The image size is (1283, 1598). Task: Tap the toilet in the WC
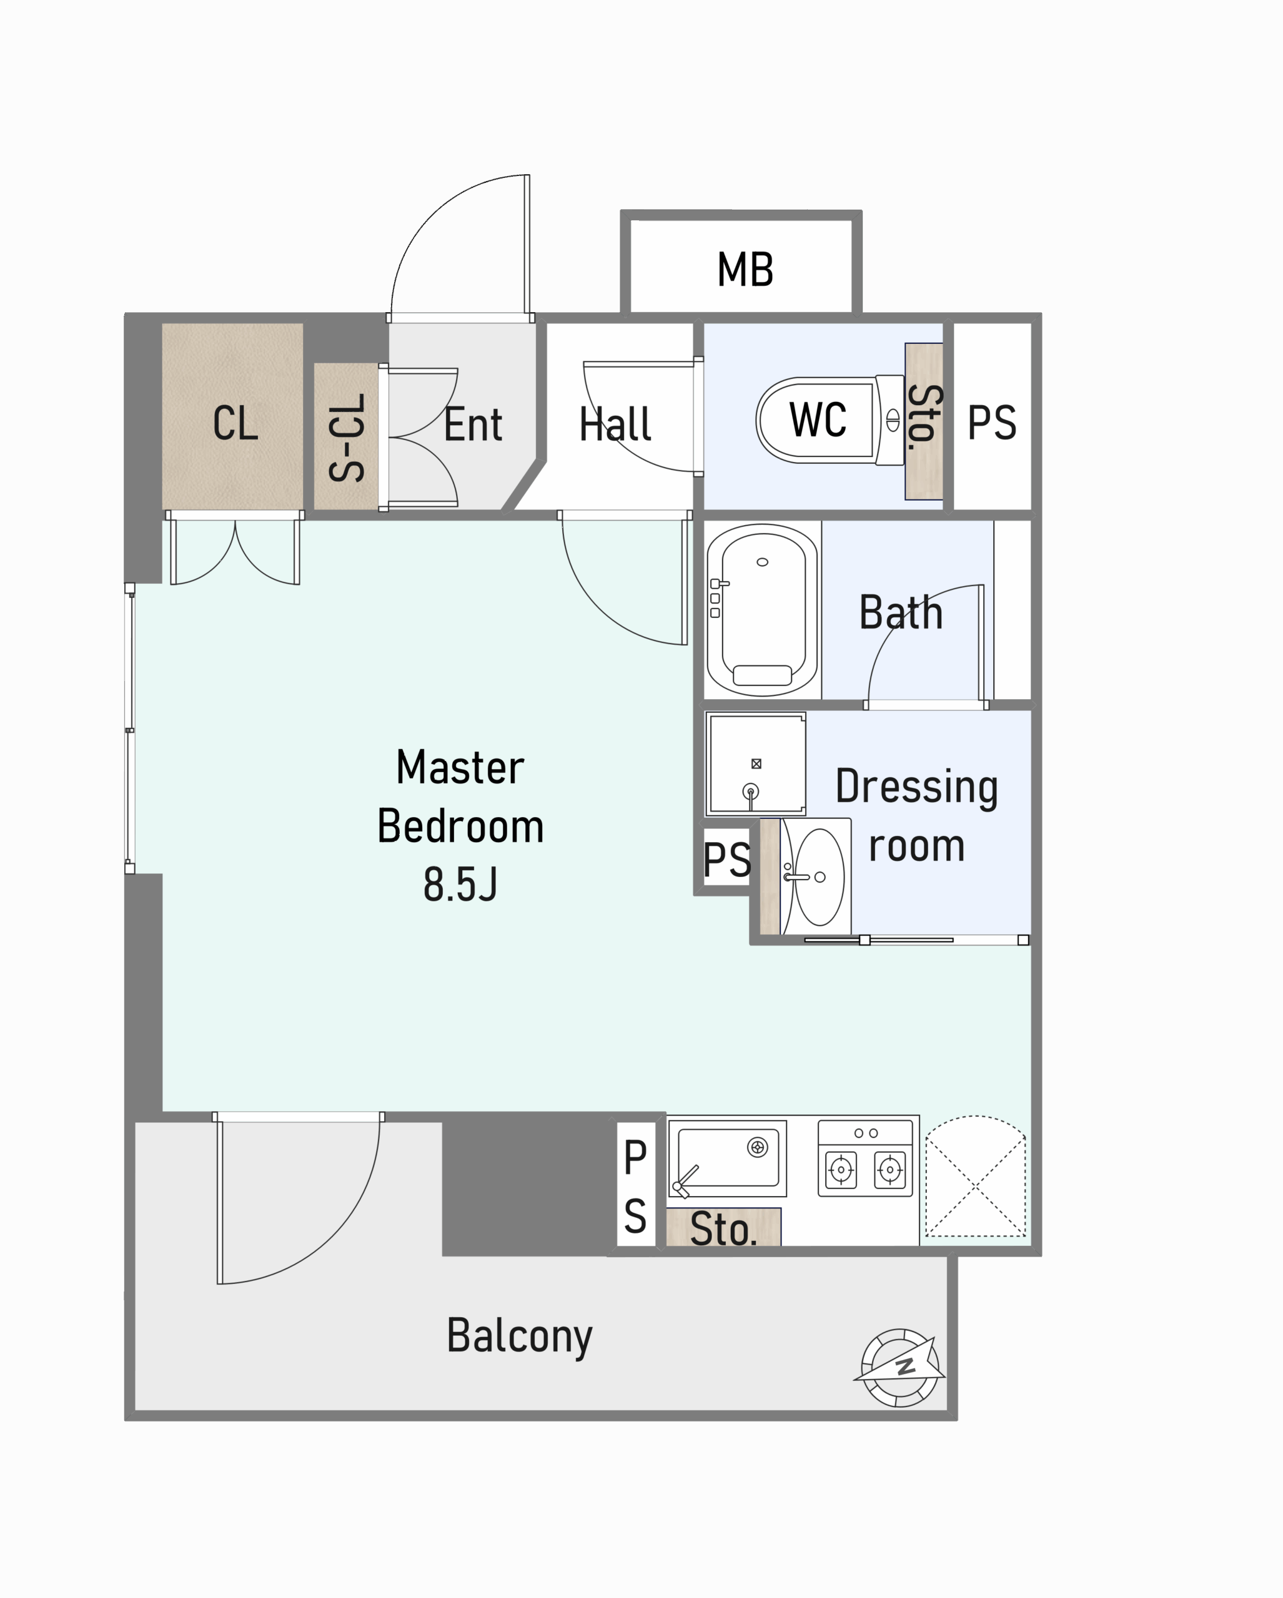831,420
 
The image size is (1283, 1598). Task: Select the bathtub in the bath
763,610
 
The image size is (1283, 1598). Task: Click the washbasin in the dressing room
816,877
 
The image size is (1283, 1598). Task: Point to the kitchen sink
728,1158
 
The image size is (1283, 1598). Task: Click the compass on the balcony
899,1368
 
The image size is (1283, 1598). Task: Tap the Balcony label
519,1336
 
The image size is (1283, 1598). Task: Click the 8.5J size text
460,885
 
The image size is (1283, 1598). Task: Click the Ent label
473,424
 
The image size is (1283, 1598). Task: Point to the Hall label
615,424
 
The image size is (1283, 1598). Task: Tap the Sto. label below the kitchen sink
723,1229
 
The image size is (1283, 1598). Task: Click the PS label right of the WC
991,423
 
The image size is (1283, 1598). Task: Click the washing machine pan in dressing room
756,764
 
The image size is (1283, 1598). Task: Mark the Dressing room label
916,815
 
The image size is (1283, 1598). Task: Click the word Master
460,767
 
